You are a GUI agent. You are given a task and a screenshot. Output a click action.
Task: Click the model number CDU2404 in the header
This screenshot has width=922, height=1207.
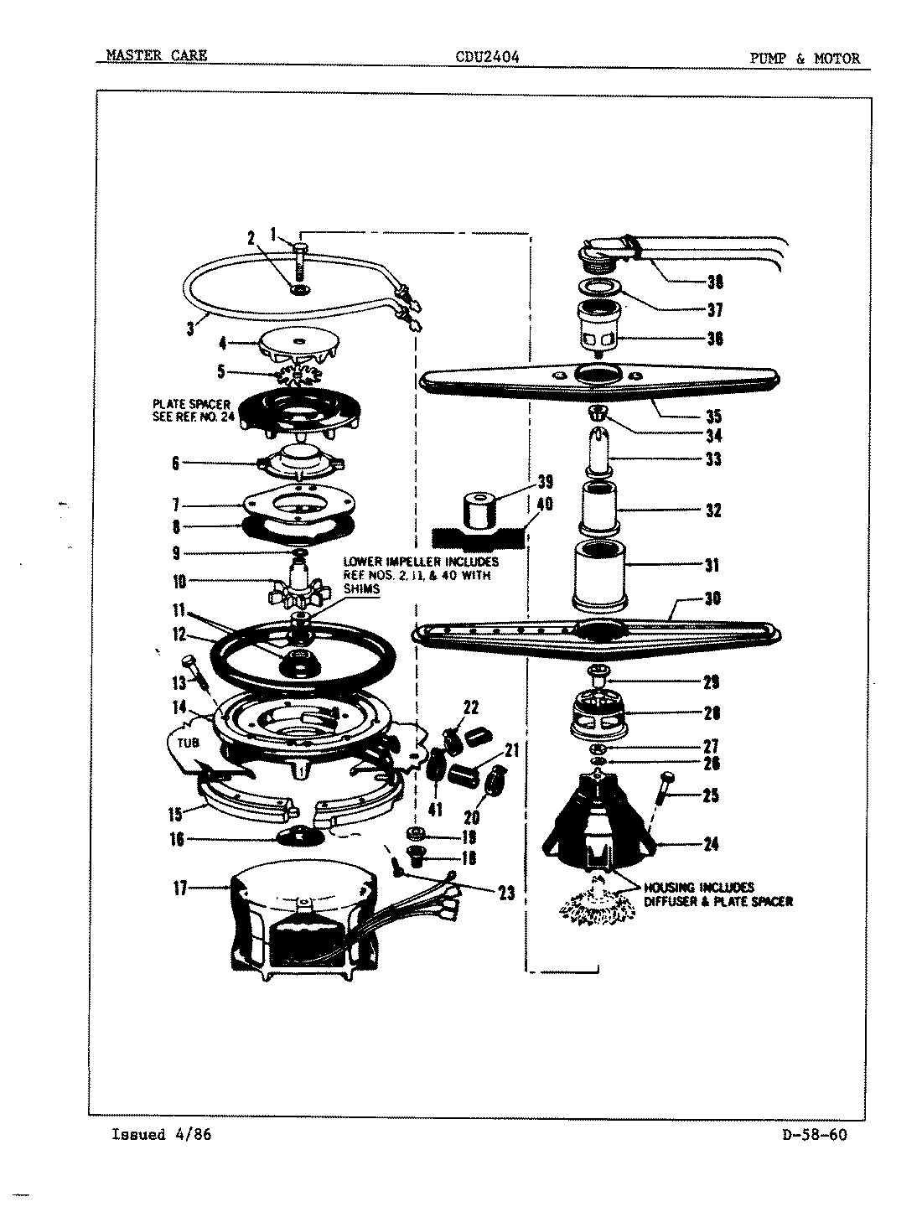(487, 58)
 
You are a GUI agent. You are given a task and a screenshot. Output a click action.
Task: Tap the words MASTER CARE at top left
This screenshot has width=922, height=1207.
(157, 57)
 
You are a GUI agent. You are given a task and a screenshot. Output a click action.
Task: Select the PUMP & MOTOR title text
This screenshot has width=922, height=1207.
(805, 58)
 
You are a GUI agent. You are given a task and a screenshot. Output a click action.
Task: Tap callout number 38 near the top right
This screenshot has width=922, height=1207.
(715, 282)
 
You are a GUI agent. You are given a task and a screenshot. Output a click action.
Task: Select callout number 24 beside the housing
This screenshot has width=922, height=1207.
(711, 844)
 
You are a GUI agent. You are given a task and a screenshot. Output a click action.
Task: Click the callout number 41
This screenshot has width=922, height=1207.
(435, 810)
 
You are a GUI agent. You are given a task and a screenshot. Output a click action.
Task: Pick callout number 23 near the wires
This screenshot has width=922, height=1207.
(506, 894)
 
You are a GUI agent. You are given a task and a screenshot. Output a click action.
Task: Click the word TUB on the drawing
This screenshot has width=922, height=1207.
(185, 743)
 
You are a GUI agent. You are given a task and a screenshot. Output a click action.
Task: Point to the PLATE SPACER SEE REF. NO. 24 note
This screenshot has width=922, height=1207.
(186, 413)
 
